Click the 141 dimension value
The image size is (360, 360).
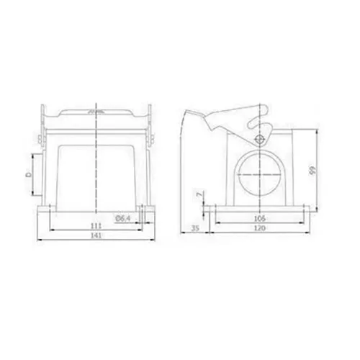pos(96,235)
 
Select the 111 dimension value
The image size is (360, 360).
pos(96,226)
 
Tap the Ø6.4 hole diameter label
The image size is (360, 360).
pos(122,218)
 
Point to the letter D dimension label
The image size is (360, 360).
pos(29,174)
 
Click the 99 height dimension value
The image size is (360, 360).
pos(312,171)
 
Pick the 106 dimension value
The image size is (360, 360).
pos(260,218)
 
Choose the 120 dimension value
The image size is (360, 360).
pos(260,228)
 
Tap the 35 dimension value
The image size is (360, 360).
pos(196,228)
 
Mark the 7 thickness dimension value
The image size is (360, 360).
pos(199,194)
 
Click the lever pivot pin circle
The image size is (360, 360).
pos(259,139)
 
